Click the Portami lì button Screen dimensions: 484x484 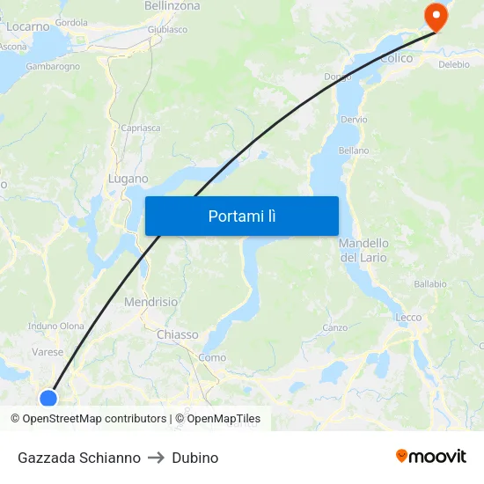pos(241,216)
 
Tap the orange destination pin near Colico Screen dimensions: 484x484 pos(435,16)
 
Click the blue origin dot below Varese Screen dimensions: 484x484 pos(48,398)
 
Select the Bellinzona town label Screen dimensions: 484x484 pos(172,6)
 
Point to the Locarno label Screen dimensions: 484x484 pos(28,26)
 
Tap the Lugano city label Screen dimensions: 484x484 pos(128,179)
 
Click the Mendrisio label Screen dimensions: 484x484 pos(150,302)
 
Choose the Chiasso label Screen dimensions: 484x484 pos(177,334)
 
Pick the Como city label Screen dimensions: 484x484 pos(212,357)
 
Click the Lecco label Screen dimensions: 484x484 pos(408,317)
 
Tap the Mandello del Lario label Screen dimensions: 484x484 pos(364,250)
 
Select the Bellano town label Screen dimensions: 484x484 pos(354,150)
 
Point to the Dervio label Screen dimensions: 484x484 pos(354,119)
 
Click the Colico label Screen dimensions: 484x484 pos(397,58)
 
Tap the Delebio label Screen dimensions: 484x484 pos(454,64)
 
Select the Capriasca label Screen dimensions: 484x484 pos(141,128)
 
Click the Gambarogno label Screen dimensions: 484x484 pos(53,66)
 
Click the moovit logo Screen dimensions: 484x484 pos(430,456)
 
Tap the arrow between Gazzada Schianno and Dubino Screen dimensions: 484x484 pos(156,458)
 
